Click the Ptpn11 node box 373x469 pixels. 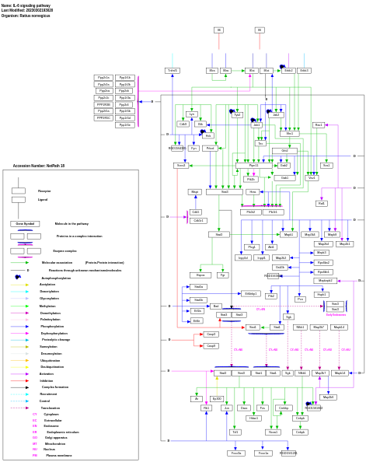(253, 166)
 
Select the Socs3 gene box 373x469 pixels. (181, 166)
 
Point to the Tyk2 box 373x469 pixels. (237, 115)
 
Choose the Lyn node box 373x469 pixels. (192, 114)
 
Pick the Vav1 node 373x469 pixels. (312, 178)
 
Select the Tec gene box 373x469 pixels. (260, 143)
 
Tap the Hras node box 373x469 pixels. (253, 192)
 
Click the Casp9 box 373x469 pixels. (211, 346)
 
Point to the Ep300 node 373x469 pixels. (217, 399)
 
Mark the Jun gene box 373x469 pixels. (227, 408)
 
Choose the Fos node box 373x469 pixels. (263, 408)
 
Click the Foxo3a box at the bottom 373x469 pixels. (236, 453)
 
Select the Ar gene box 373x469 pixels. (197, 399)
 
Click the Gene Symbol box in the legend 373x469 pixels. (25, 224)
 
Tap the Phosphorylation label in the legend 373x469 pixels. (52, 327)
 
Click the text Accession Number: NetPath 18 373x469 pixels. (39, 166)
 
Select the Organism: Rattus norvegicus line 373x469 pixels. (26, 16)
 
